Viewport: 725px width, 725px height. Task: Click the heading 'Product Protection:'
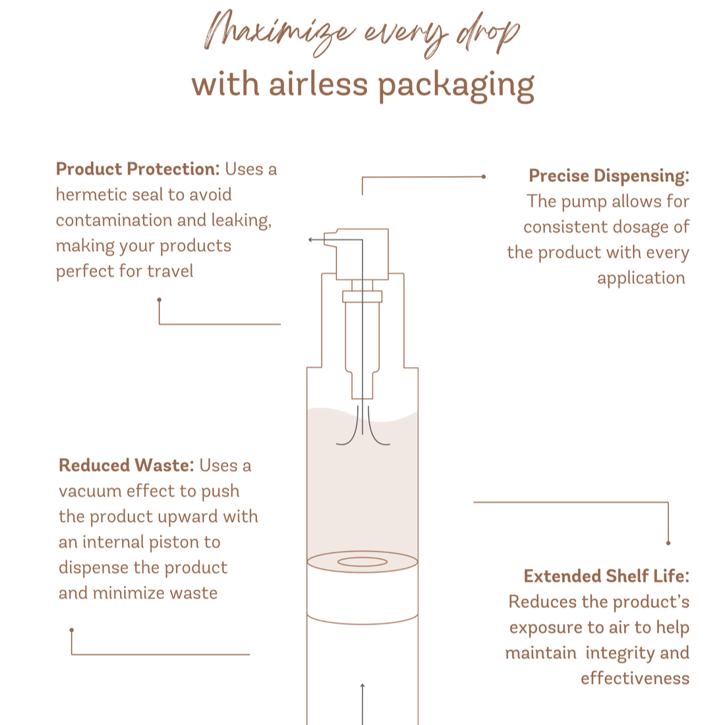click(x=137, y=169)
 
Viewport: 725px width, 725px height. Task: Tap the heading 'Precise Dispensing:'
click(x=608, y=176)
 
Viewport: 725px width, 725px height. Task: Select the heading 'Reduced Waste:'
click(x=126, y=465)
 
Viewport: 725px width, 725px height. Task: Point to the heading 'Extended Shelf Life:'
click(x=606, y=576)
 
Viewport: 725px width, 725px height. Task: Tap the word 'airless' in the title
click(x=318, y=84)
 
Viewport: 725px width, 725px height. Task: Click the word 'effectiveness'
click(x=635, y=678)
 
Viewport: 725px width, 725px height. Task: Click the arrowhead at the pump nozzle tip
click(x=310, y=240)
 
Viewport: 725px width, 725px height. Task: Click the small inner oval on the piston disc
click(x=362, y=562)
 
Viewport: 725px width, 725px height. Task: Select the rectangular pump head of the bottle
click(x=362, y=253)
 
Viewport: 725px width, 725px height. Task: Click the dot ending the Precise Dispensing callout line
click(x=484, y=177)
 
